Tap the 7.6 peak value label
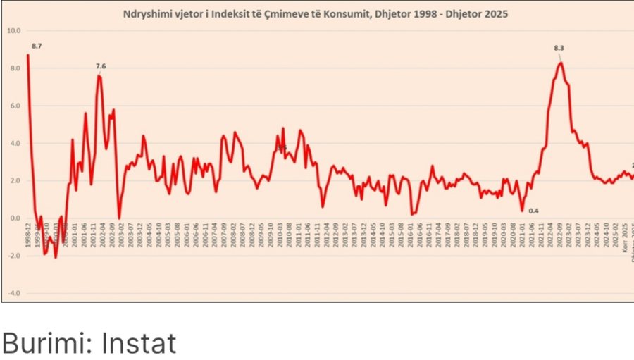[x=101, y=66]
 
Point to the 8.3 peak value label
[x=559, y=48]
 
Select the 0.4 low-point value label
[x=533, y=211]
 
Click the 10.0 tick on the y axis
[x=13, y=30]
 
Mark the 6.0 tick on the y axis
[x=15, y=106]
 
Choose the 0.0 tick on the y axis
[x=15, y=218]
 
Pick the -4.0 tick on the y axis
[x=14, y=292]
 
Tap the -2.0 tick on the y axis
[x=14, y=255]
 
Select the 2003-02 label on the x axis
[x=120, y=232]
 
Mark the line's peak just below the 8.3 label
[x=560, y=63]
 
